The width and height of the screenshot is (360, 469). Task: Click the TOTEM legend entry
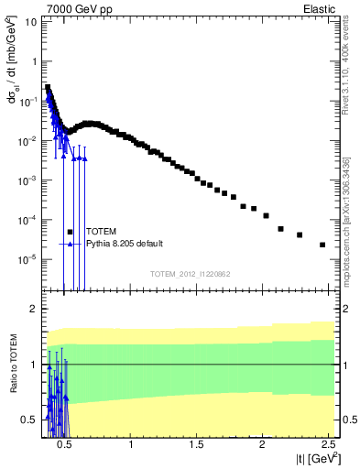102,232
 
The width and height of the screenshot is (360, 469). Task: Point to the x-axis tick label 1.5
197,445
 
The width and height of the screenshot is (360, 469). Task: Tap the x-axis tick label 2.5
326,445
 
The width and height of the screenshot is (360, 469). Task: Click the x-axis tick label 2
262,445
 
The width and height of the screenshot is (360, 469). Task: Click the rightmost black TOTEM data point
322,245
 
